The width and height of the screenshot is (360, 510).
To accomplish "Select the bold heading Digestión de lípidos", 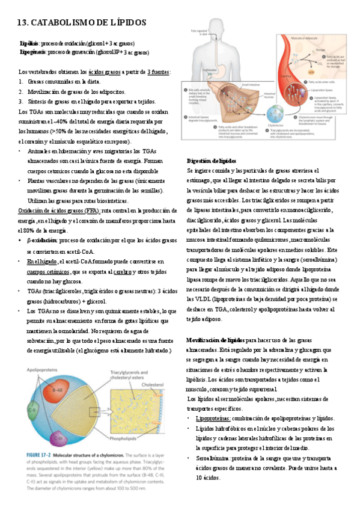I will (212, 161).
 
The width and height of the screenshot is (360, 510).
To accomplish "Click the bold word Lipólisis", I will (30, 44).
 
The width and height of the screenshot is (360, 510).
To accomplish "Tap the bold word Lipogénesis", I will (33, 52).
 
